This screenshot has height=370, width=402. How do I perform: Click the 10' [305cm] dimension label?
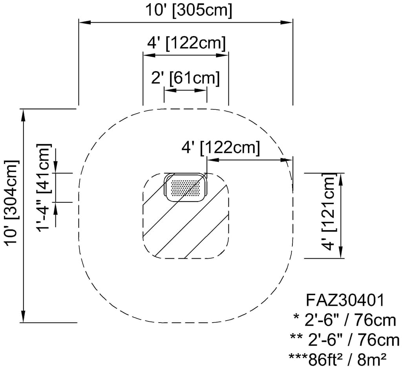[x=189, y=11]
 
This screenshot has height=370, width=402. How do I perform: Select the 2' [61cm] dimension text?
[x=185, y=78]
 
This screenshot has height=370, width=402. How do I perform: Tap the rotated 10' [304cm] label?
[x=12, y=203]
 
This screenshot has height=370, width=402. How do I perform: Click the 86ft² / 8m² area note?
[x=338, y=360]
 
